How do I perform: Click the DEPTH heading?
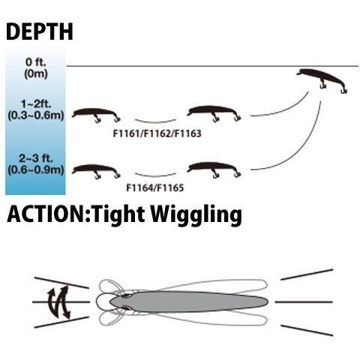[x=40, y=31]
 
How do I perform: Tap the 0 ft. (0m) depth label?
[x=36, y=68]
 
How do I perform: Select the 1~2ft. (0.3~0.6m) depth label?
[x=36, y=110]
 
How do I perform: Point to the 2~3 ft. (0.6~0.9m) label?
[x=36, y=164]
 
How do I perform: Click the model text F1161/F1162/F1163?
[x=157, y=133]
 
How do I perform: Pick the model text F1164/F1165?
[x=155, y=187]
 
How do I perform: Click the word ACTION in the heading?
[x=46, y=214]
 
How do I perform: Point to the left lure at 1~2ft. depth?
[x=96, y=115]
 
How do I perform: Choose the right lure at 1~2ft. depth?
[x=214, y=113]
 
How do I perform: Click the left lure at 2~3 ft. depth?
[x=96, y=170]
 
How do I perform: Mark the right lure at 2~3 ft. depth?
[x=214, y=169]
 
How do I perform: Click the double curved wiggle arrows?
[x=59, y=302]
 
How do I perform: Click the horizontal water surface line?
[x=212, y=66]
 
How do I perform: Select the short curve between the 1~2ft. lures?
[x=155, y=121]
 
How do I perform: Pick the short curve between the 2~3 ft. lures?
[x=155, y=175]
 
